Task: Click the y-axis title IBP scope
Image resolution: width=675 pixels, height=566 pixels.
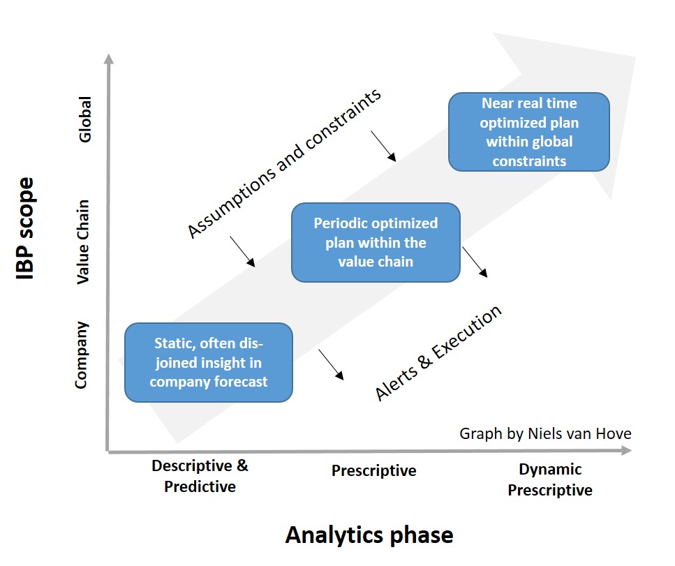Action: (x=27, y=229)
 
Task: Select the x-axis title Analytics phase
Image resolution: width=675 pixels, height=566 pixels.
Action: (x=369, y=535)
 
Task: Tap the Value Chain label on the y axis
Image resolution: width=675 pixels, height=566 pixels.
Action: (x=83, y=241)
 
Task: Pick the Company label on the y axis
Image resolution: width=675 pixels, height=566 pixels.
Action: (x=82, y=355)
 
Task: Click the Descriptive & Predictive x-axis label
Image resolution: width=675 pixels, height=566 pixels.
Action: (x=200, y=476)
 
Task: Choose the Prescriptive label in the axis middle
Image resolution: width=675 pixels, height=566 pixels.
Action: (x=373, y=470)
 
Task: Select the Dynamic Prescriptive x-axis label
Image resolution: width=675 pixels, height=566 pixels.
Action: (x=550, y=479)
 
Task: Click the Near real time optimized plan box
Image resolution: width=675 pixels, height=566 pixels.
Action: (x=528, y=132)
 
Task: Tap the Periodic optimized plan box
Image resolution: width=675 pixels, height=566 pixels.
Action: (x=376, y=242)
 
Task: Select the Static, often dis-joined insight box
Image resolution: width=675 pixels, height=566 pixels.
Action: (x=208, y=362)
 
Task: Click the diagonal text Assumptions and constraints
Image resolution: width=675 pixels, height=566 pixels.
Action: (x=285, y=164)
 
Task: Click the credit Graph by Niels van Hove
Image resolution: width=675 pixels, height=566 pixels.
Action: (x=545, y=433)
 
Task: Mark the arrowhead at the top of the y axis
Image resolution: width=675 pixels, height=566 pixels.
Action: (x=107, y=59)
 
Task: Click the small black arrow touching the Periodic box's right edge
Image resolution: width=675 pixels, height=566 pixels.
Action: (x=475, y=262)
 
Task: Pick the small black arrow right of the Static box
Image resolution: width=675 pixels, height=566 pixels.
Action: (x=332, y=364)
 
